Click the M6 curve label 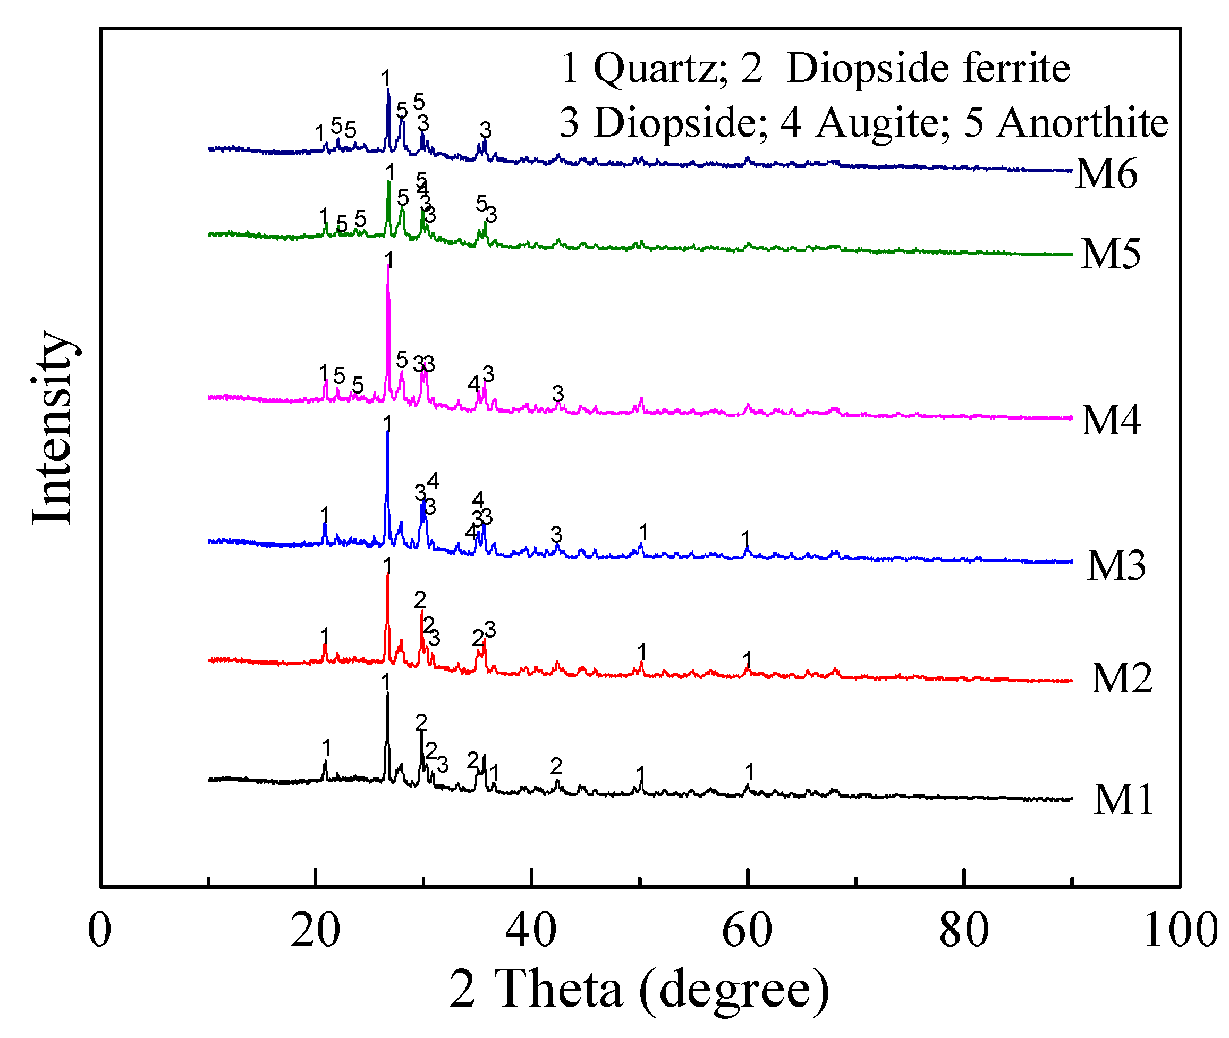coord(1106,174)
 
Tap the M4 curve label coord(1111,420)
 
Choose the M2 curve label coord(1121,679)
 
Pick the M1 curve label coord(1123,800)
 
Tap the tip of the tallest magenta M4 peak coord(387,266)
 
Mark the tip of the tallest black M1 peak coord(387,694)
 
